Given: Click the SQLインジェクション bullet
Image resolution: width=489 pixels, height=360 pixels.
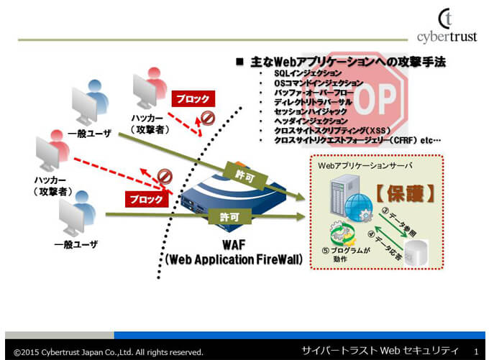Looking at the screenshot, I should pos(309,74).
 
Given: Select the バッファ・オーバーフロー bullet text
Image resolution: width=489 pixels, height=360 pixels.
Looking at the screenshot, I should pos(314,93).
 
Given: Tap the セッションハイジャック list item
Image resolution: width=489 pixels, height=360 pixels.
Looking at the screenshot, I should pos(310,111).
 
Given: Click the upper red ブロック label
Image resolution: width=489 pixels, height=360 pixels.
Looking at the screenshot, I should pos(191,99).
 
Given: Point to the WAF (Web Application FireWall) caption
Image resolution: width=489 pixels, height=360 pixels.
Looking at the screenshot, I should pos(234,252).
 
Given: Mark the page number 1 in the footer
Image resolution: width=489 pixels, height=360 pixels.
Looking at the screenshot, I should pos(476,351).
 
